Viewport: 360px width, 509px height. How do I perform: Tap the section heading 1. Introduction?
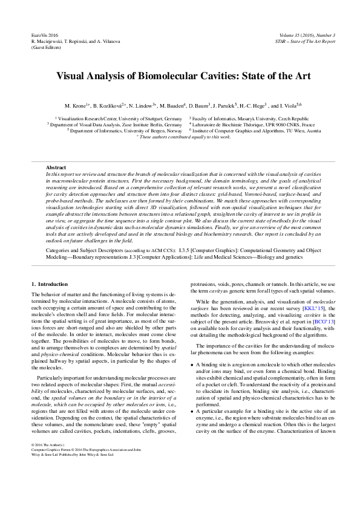click(x=50, y=284)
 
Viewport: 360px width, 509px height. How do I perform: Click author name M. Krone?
click(x=76, y=105)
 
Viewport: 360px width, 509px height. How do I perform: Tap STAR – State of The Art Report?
click(x=305, y=42)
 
